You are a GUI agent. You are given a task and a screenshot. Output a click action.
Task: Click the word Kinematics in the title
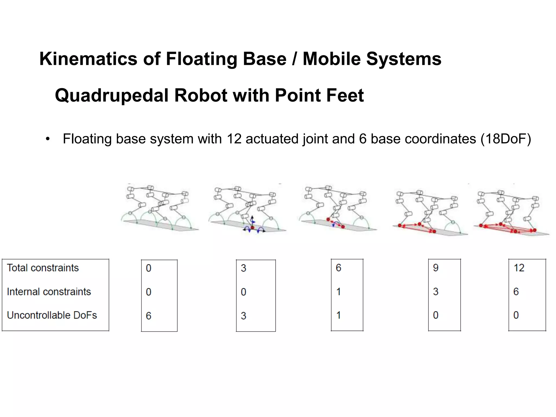(x=88, y=59)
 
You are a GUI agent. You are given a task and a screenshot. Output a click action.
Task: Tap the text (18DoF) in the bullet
(x=506, y=139)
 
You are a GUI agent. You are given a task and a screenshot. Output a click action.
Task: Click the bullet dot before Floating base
(x=48, y=139)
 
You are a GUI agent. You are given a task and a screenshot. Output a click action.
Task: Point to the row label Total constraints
(x=43, y=268)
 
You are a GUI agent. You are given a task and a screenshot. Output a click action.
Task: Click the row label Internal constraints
(x=49, y=292)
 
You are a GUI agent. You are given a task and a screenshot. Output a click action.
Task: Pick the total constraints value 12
(x=519, y=268)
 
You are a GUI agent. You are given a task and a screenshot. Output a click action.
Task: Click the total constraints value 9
(x=435, y=268)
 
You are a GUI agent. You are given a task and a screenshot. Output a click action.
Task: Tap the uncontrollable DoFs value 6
(x=149, y=316)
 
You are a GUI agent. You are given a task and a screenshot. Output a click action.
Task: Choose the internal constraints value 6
(x=516, y=292)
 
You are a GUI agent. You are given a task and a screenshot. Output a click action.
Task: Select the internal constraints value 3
(x=435, y=292)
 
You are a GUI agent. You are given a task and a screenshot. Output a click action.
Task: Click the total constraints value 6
(x=338, y=268)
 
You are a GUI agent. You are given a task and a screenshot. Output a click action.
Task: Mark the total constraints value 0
(x=149, y=268)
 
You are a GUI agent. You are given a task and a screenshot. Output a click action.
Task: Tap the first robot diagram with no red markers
(x=159, y=208)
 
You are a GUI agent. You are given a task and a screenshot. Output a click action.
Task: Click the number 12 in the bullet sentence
(x=234, y=139)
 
